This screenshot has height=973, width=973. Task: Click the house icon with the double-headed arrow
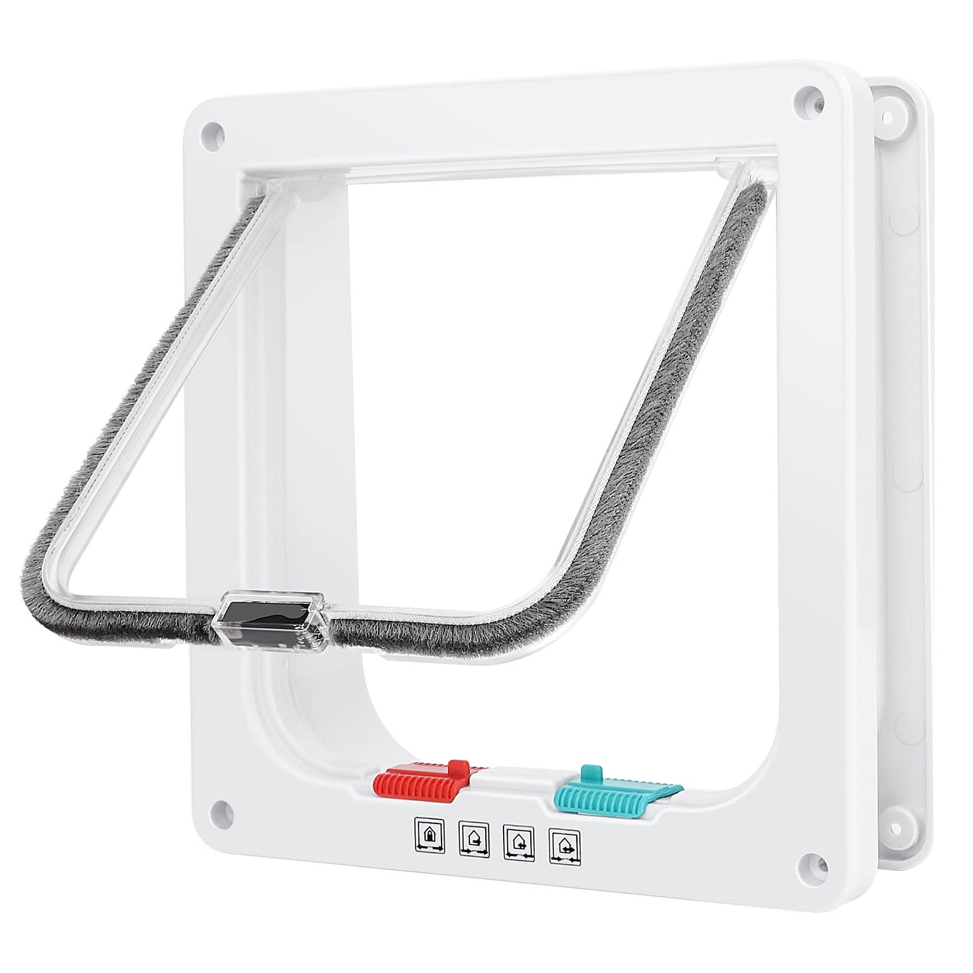click(564, 842)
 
